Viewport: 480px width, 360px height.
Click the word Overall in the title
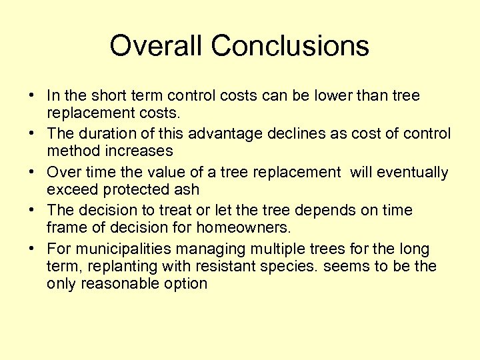tap(150, 46)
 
